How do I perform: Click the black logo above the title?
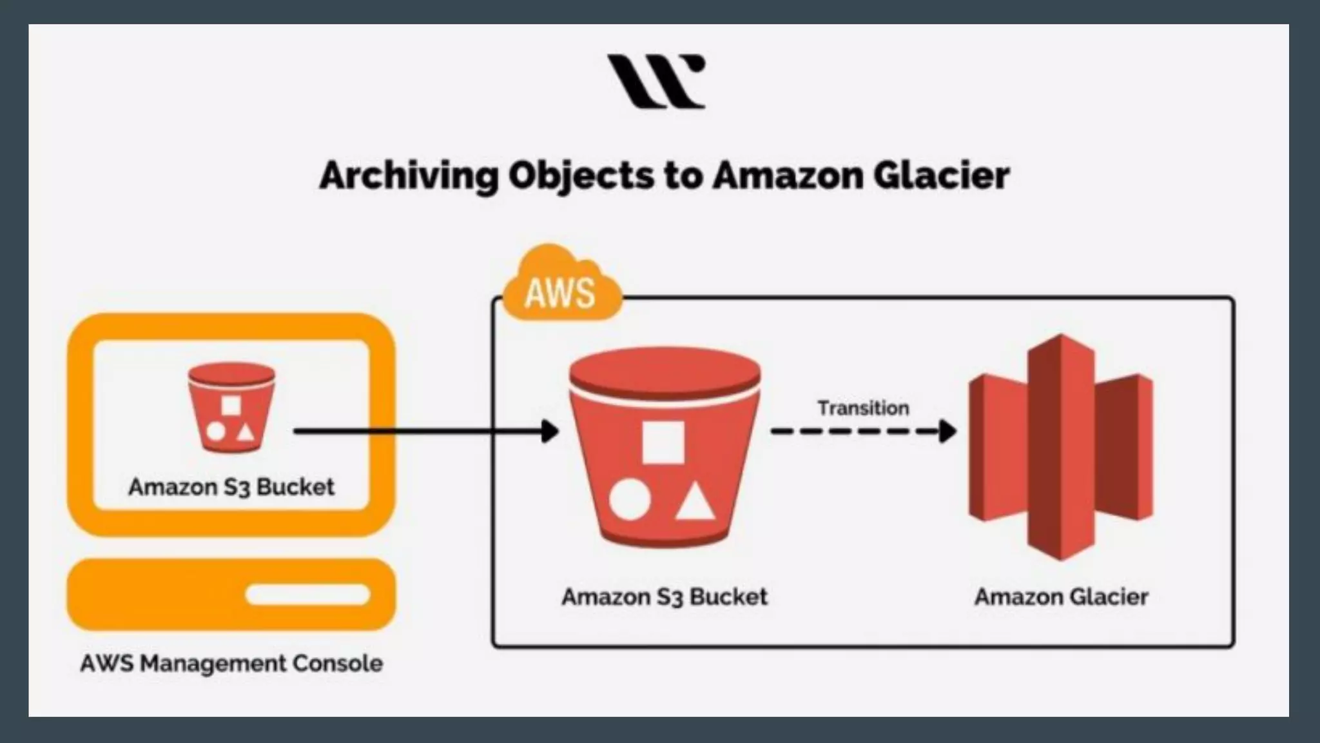click(656, 81)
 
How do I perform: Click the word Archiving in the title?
click(409, 175)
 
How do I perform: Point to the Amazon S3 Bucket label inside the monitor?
click(231, 487)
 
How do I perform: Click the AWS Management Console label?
click(231, 663)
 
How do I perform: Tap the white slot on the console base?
click(308, 594)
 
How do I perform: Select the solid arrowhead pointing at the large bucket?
click(550, 431)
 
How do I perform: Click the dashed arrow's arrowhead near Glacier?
click(947, 431)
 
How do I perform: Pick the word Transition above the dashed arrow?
click(863, 408)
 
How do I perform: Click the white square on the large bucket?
click(663, 442)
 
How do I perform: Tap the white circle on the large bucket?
click(630, 500)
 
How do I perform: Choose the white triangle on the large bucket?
click(695, 503)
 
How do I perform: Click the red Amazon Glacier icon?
click(1060, 446)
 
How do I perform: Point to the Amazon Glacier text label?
click(1061, 597)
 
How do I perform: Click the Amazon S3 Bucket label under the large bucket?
click(665, 597)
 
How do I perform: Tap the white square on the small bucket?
click(231, 406)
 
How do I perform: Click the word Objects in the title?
click(581, 175)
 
